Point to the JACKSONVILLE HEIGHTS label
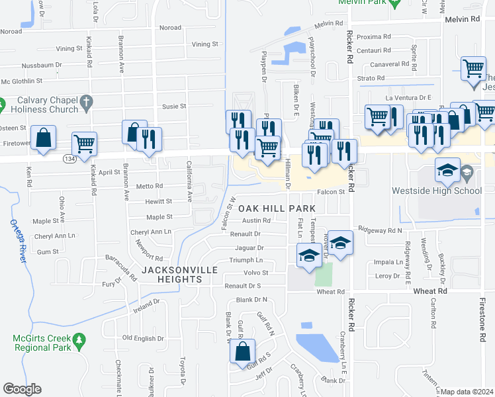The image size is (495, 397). coord(172,275)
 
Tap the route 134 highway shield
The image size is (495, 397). coord(69,159)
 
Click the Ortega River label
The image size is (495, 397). coord(17,241)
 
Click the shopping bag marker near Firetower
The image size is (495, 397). coord(43,139)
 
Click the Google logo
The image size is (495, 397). coord(22,389)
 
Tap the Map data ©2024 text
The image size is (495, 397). coord(467,392)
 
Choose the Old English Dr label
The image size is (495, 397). coord(143,339)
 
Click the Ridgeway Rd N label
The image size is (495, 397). coord(380,230)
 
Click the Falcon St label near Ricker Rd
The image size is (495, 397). coord(332,192)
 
